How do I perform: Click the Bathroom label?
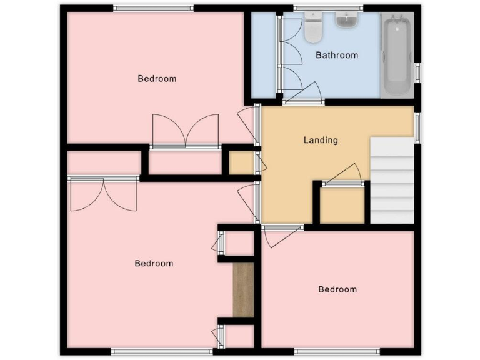337,55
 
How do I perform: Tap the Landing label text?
321,140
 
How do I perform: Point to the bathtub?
397,56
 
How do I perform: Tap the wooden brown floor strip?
243,289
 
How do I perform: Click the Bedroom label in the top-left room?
157,79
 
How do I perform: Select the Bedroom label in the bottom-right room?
337,289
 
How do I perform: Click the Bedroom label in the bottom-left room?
154,264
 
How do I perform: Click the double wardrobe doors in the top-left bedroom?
185,131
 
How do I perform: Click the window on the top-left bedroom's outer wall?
153,8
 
